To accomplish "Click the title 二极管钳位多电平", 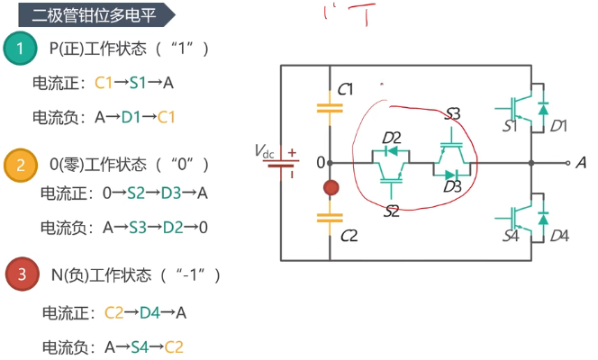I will click(x=82, y=15).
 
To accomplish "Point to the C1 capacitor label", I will click(x=346, y=89).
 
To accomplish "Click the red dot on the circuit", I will click(x=331, y=188).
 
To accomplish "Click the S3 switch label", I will click(x=452, y=114).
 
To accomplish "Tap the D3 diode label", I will click(x=452, y=187).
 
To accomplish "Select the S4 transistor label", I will click(x=510, y=236).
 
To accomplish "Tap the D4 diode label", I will click(x=559, y=236).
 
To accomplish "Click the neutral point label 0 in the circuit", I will click(x=319, y=163).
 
